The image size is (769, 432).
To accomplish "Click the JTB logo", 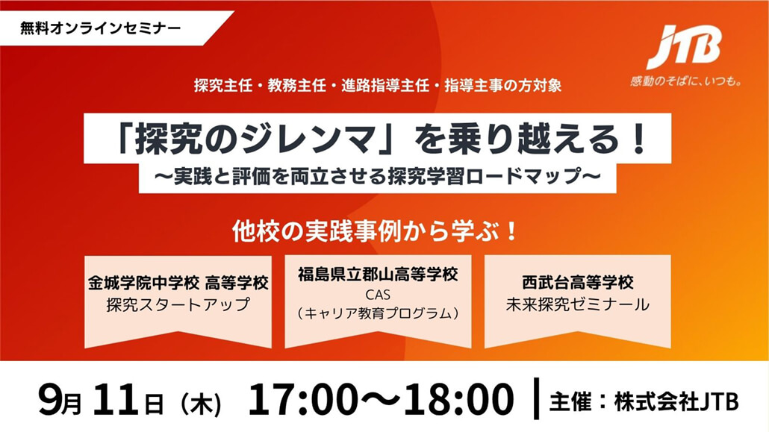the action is [x=685, y=47].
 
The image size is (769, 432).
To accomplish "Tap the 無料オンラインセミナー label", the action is [x=101, y=28].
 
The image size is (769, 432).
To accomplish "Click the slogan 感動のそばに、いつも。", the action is [x=685, y=81].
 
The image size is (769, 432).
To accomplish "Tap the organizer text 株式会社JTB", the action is [x=676, y=402].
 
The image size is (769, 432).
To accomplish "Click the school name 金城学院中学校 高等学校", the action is [x=178, y=283].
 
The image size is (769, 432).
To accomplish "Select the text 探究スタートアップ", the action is [x=178, y=304].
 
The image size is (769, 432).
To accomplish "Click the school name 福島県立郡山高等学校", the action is [x=378, y=274].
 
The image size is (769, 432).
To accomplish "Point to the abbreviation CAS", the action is [x=378, y=295].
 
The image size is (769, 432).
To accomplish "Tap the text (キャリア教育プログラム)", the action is [x=378, y=313].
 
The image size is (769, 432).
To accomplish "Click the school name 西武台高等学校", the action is [x=578, y=283].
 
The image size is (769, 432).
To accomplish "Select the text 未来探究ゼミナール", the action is [x=578, y=304].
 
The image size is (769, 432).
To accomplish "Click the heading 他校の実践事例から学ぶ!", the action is [x=376, y=231].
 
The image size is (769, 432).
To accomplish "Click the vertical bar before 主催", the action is [x=536, y=398].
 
